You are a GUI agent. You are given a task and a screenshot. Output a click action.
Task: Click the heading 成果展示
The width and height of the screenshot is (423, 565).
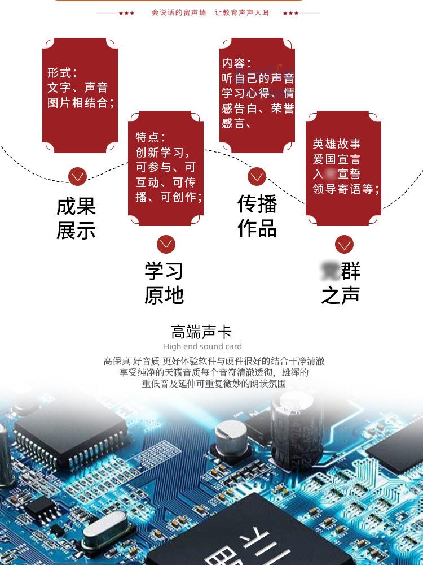pos(76,218)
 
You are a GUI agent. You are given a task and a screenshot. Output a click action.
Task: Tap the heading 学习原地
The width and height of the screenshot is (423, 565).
pos(164,283)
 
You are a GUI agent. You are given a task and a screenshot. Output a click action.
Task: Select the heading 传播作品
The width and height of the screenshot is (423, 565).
pos(257,216)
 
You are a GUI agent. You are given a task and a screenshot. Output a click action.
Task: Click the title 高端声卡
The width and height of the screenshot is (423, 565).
pos(202,332)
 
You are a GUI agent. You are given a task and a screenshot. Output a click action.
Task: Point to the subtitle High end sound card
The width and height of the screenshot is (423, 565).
pos(202,346)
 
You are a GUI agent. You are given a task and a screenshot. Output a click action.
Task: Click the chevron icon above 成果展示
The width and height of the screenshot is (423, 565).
pos(77,177)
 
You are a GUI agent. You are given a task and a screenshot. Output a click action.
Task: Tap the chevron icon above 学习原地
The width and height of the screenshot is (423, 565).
pos(166,244)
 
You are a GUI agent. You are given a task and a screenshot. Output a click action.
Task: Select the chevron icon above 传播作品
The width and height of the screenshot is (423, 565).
pos(257,177)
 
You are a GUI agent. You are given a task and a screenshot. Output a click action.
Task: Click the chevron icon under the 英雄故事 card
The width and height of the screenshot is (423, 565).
pos(344,245)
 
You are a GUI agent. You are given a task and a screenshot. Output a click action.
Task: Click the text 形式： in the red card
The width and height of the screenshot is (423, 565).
pos(62,73)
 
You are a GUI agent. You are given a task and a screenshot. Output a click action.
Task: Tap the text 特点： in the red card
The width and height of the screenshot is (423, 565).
pos(150,137)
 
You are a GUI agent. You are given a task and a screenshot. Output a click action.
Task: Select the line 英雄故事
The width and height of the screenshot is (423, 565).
pos(337,144)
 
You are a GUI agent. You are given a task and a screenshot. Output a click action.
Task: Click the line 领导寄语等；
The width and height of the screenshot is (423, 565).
pos(346,189)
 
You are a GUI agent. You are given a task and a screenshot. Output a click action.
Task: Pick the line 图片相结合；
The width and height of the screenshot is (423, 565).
pos(81,103)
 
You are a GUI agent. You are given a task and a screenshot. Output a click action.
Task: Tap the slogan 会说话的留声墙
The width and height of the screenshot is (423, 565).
pos(179,12)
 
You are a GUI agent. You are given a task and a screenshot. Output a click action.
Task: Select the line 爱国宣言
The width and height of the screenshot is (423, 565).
pos(337,159)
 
